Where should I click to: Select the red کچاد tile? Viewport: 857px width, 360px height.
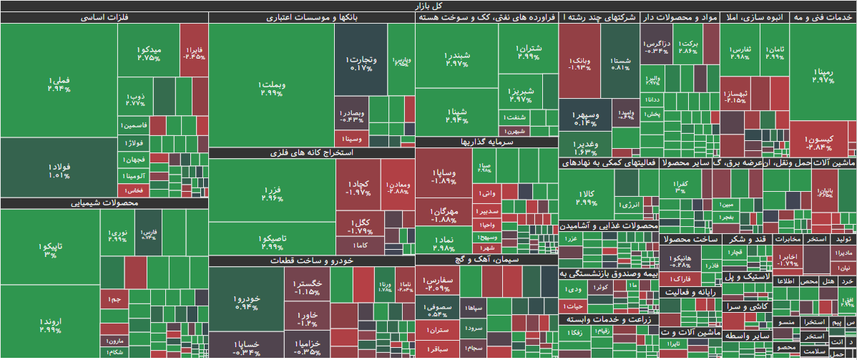(x=358, y=188)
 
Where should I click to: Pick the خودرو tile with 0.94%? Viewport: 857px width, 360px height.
(x=246, y=302)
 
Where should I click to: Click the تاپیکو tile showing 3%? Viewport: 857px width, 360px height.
(x=50, y=250)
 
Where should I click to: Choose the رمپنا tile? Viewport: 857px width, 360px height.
(x=823, y=75)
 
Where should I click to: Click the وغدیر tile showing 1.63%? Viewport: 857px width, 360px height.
(x=585, y=147)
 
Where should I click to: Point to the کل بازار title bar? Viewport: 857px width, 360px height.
(x=428, y=6)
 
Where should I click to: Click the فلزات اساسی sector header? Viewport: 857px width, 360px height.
(x=104, y=17)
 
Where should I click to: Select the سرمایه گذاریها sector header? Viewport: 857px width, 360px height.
(x=486, y=142)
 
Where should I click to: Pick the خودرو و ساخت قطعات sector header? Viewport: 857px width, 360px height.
(x=311, y=261)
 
